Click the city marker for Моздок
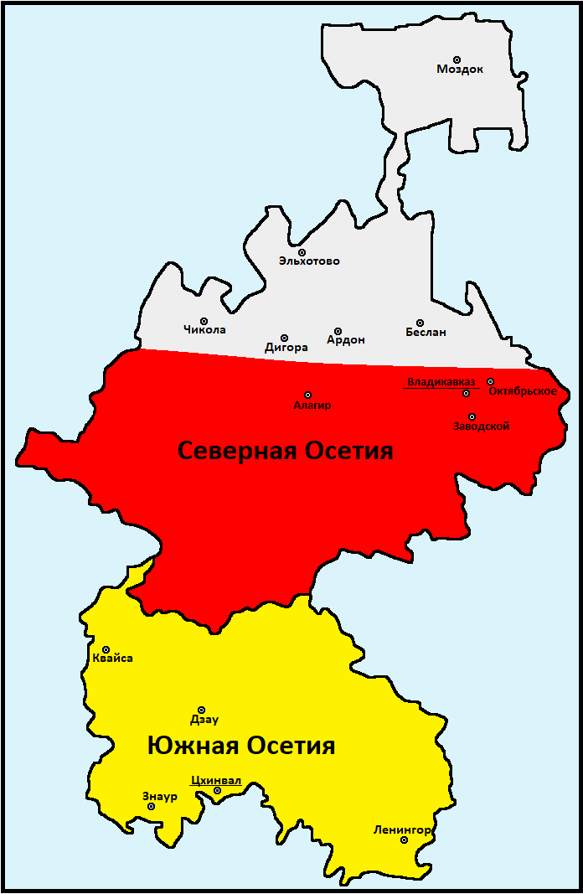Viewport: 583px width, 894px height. [457, 59]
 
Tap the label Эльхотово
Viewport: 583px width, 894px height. [309, 261]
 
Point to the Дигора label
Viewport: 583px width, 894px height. [286, 347]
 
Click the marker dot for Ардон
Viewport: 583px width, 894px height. [338, 331]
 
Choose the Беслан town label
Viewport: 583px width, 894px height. [426, 333]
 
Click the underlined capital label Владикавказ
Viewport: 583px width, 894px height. [441, 382]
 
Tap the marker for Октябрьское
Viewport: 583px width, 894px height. [491, 381]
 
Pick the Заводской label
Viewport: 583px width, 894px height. [482, 426]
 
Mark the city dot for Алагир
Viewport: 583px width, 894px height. [307, 395]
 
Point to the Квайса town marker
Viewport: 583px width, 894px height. [106, 649]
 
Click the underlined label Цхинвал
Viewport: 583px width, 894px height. [216, 781]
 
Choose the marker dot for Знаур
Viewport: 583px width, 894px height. [151, 806]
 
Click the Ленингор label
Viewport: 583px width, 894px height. [402, 830]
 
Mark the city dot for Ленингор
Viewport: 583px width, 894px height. [404, 840]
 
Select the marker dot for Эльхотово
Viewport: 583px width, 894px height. [302, 252]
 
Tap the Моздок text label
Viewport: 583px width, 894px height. [460, 70]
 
